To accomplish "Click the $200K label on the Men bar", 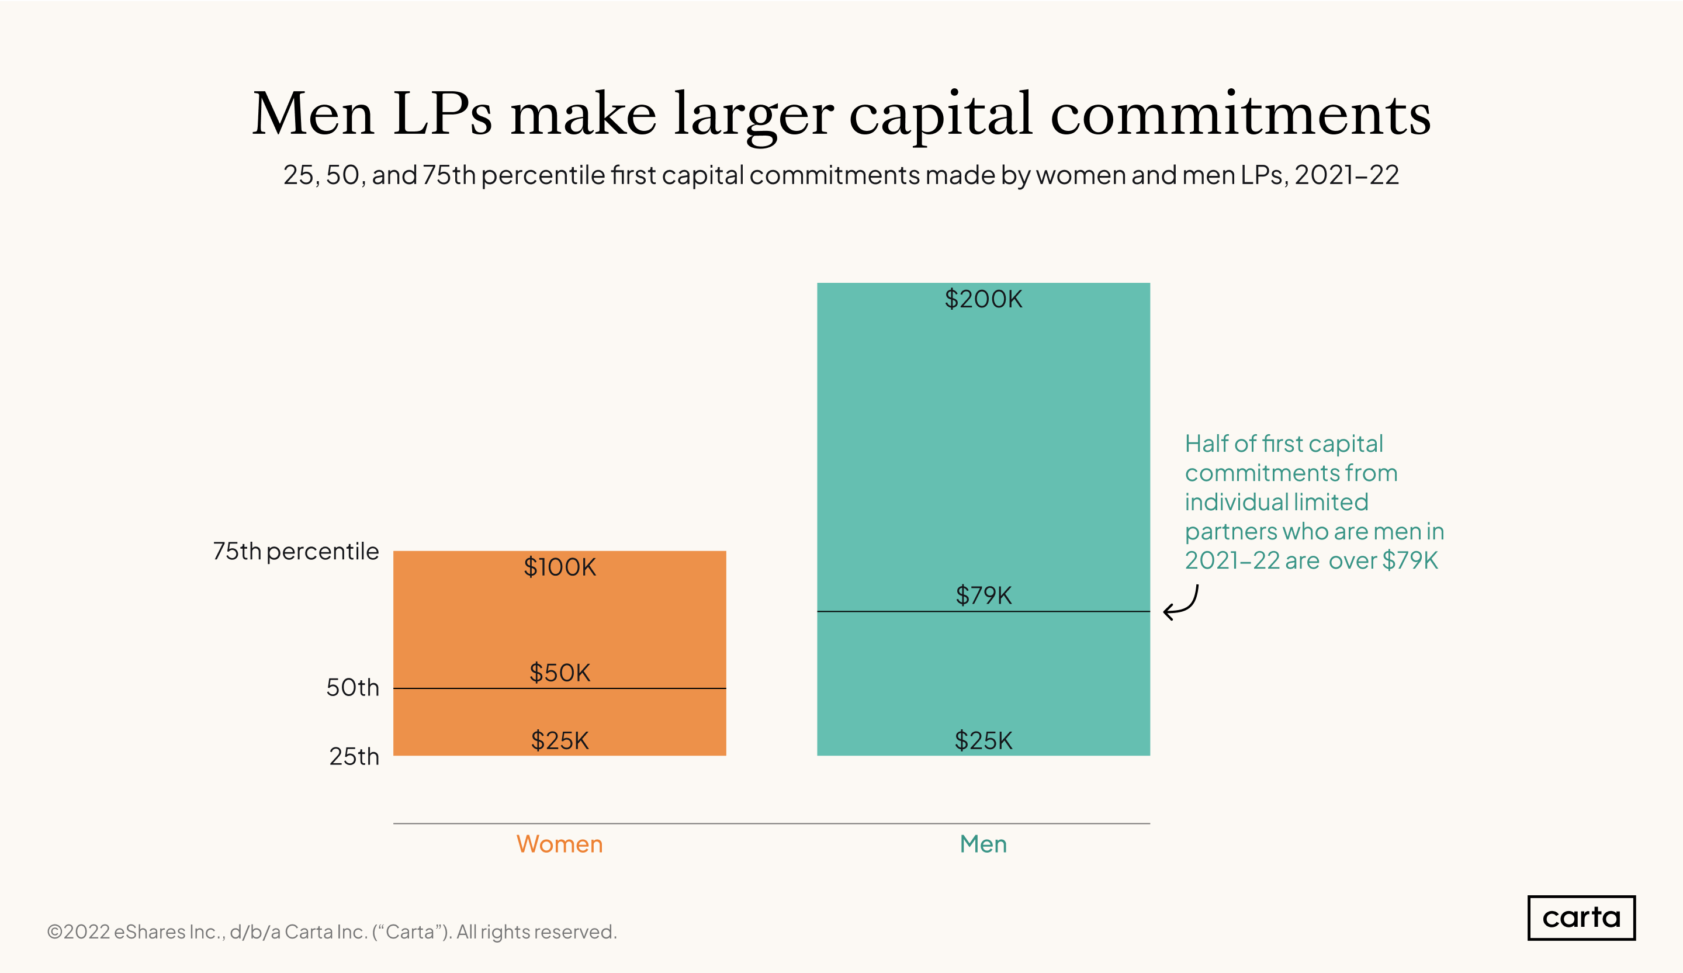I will tap(983, 299).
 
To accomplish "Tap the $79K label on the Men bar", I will tap(983, 595).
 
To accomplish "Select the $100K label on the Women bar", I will tap(560, 567).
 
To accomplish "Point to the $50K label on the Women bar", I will tap(560, 673).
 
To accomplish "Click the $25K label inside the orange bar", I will tap(560, 740).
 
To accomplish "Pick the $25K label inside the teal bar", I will tap(983, 740).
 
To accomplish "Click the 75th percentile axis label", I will tap(296, 552).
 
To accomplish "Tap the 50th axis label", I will tap(352, 688).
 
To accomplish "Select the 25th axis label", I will tap(354, 757).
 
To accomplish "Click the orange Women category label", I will tap(560, 844).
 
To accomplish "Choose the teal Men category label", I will tap(983, 844).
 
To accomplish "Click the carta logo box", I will tap(1581, 917).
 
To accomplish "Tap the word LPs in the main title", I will tap(442, 114).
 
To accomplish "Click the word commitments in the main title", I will tap(1240, 114).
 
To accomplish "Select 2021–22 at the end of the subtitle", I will tap(1346, 175).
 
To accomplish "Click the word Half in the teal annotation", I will tap(1206, 444).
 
